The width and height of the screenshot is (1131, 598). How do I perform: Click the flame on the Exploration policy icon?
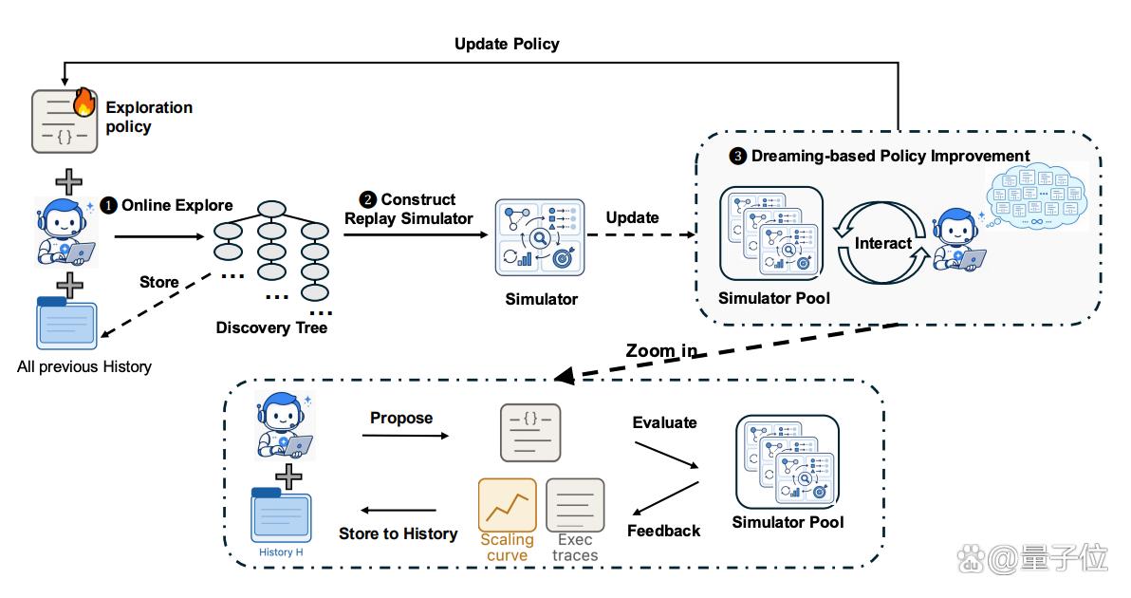(84, 102)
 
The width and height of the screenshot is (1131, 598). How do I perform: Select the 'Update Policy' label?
(507, 44)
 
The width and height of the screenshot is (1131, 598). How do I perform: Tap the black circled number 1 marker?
(108, 206)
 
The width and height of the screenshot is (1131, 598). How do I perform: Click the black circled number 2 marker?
(368, 200)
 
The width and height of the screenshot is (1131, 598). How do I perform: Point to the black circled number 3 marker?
(737, 156)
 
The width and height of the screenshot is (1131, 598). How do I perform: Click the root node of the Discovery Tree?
(272, 209)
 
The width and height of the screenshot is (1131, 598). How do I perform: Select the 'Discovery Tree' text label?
(271, 327)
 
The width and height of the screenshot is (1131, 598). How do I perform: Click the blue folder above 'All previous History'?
(66, 323)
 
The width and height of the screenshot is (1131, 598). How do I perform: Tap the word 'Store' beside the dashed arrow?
(158, 282)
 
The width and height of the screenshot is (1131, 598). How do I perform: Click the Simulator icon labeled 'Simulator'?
(540, 237)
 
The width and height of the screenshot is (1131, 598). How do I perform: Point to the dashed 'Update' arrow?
(642, 234)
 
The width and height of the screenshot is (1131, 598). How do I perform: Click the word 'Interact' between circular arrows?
(882, 243)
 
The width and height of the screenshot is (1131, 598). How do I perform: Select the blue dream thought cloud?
(1036, 194)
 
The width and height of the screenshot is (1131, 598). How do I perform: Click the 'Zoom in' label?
(661, 350)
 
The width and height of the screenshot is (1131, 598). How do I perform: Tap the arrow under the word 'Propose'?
(405, 436)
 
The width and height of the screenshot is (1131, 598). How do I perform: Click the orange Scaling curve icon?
(507, 505)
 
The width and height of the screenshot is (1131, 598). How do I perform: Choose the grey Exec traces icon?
(575, 505)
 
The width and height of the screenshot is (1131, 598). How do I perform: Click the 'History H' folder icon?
(281, 515)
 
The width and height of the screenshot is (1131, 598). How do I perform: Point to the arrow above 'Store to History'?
(399, 511)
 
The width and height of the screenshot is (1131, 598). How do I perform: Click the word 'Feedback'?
(663, 531)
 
